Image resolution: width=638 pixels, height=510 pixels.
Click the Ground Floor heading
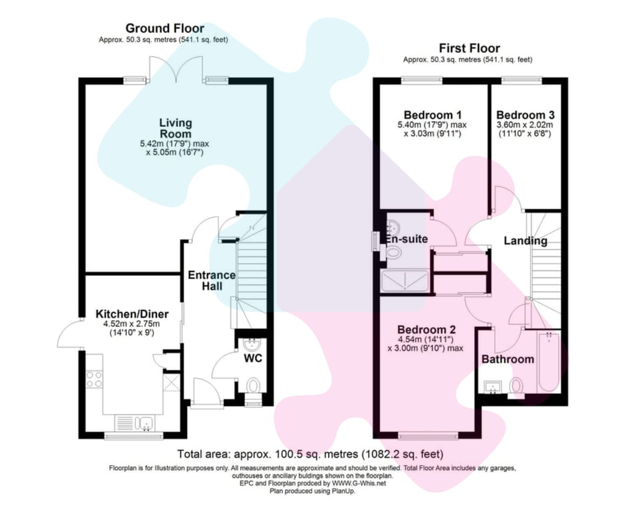(x=165, y=28)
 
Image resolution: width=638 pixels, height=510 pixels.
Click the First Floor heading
(x=469, y=48)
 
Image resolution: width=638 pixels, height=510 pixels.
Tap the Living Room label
(x=175, y=128)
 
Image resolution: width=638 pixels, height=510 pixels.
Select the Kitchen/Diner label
(x=132, y=314)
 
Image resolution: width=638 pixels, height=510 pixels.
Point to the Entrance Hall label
(x=212, y=280)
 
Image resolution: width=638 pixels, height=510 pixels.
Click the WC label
(x=253, y=358)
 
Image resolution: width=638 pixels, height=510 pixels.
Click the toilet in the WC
(x=253, y=386)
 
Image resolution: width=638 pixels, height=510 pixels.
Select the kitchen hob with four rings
(x=94, y=379)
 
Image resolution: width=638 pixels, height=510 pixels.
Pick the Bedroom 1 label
(x=433, y=115)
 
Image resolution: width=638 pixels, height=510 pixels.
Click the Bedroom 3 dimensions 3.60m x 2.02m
(x=525, y=125)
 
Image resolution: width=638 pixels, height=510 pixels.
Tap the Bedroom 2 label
(x=426, y=330)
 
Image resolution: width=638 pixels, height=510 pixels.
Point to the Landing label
(x=525, y=241)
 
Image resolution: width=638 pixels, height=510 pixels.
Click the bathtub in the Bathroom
(x=549, y=362)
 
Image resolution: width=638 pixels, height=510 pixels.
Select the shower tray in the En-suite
(x=405, y=281)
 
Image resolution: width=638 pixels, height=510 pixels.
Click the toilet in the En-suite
(x=392, y=252)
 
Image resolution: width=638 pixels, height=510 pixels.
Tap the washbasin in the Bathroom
(x=494, y=388)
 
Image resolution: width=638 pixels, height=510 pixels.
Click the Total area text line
(x=310, y=453)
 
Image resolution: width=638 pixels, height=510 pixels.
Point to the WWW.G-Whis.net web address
(x=359, y=484)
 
